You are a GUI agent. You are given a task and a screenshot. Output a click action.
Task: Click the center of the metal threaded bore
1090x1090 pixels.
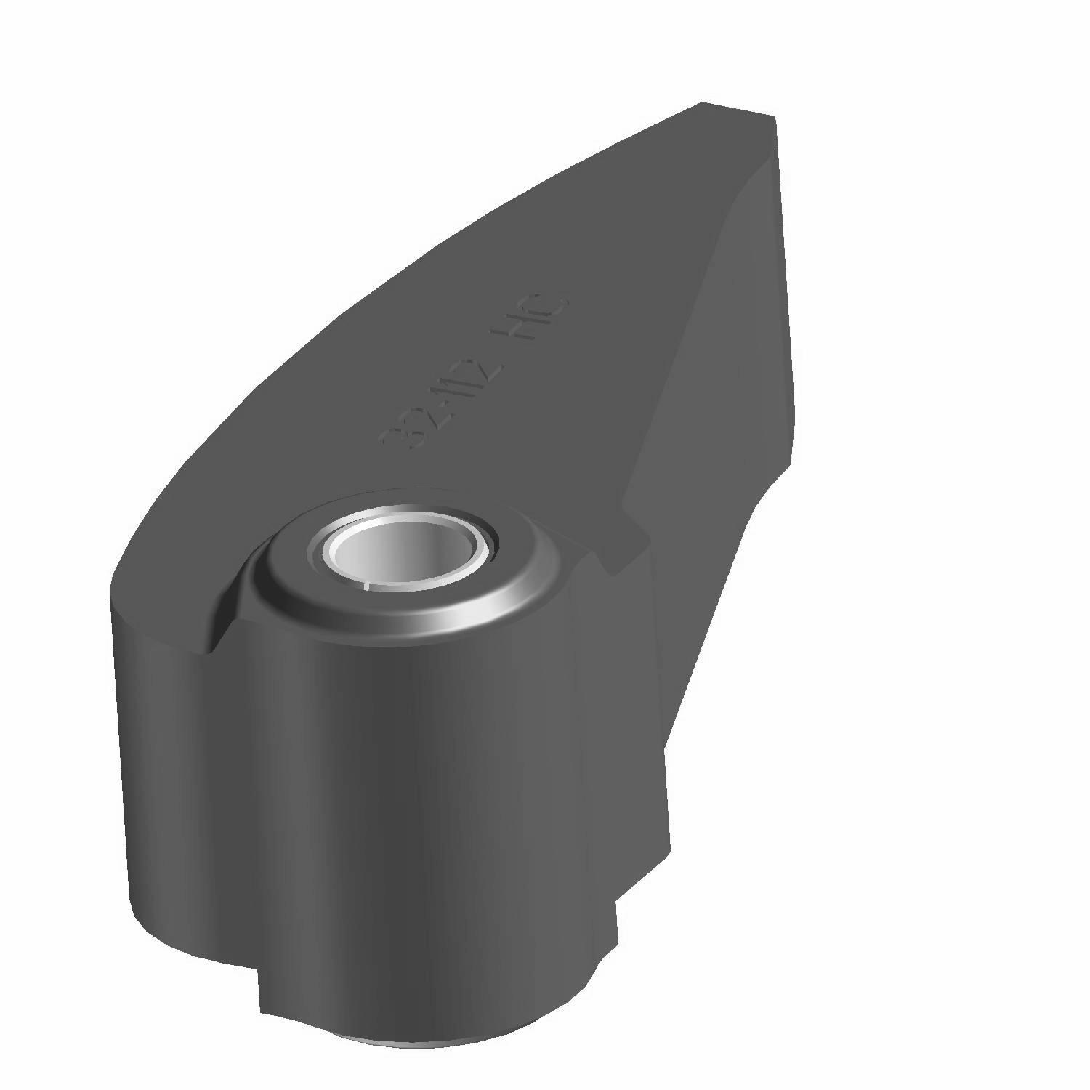point(402,551)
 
